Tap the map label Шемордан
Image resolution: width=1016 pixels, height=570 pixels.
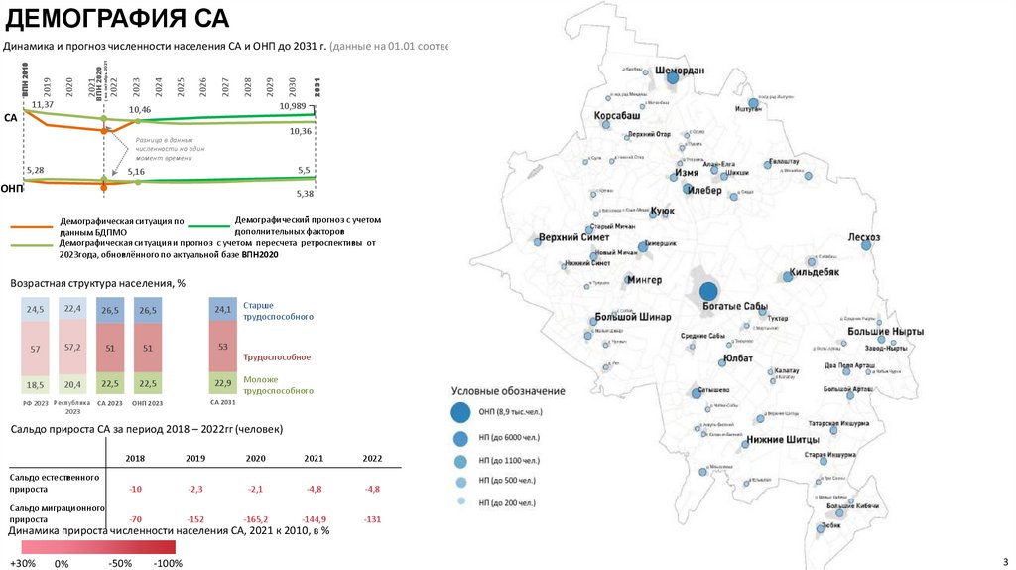point(681,71)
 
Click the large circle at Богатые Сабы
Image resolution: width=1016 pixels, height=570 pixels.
point(708,291)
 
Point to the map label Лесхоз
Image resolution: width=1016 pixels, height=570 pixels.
point(864,237)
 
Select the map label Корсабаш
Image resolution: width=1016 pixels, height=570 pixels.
point(617,116)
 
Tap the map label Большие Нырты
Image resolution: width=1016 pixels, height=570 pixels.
point(886,331)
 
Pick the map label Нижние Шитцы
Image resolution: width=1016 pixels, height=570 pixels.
point(783,439)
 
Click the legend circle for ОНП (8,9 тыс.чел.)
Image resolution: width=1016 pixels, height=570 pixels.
point(460,412)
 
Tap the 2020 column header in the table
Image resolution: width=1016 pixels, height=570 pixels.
point(255,458)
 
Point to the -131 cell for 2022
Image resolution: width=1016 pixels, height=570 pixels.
point(372,519)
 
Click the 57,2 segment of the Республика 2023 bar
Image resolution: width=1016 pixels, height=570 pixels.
point(72,349)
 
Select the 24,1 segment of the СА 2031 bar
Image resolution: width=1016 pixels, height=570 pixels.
point(222,310)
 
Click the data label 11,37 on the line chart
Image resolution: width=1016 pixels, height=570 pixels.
point(43,104)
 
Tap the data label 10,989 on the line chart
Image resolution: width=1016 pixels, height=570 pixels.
point(293,105)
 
